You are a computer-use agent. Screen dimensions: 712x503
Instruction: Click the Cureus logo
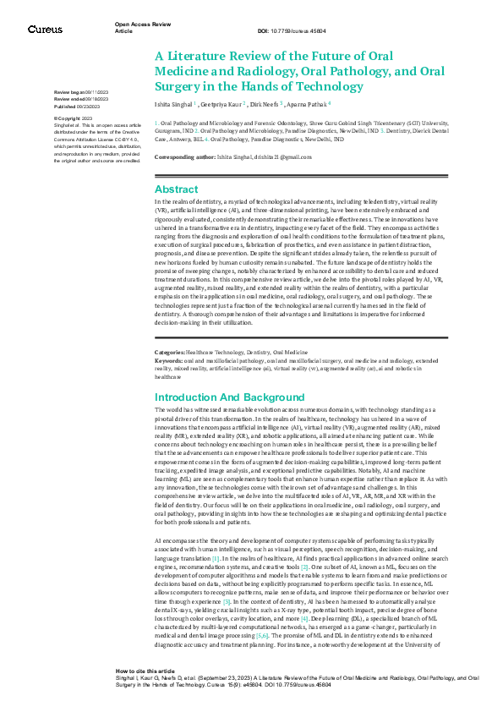click(44, 30)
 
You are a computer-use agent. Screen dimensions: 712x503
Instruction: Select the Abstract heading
click(177, 189)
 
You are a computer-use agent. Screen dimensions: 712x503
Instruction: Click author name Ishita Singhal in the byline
click(173, 105)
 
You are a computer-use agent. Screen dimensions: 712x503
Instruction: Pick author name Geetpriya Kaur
click(222, 105)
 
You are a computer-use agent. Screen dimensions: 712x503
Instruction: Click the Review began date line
click(81, 91)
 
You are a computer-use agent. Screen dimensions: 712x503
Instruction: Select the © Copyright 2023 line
click(73, 118)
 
